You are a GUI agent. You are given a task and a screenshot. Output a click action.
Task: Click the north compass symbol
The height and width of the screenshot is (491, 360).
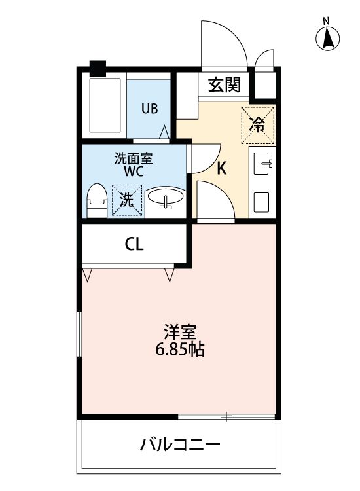coord(329,40)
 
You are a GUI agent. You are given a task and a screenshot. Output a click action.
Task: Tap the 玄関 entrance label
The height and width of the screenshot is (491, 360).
coord(224,84)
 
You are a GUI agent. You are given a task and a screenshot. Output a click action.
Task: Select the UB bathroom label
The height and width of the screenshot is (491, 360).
coord(150,109)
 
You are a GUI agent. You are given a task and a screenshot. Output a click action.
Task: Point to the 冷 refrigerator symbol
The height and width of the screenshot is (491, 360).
coord(259,124)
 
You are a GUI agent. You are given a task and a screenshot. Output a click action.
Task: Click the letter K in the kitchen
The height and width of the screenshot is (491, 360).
coord(222,168)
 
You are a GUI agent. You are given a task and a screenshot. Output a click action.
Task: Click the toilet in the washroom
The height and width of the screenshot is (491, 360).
coord(97,199)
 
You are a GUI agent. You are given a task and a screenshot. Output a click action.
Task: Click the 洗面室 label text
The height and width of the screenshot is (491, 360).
coord(134,158)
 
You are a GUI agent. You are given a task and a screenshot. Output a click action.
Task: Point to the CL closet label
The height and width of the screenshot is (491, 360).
coord(134,244)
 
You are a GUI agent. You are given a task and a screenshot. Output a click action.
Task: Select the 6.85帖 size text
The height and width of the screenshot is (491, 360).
coord(179,350)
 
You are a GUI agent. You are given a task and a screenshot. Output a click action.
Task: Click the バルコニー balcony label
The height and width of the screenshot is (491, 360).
coord(180,446)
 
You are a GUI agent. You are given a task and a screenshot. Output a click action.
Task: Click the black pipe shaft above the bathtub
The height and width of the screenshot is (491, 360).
coord(98,67)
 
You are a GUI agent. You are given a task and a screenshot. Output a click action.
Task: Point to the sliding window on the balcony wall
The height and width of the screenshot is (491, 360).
coord(226,416)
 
